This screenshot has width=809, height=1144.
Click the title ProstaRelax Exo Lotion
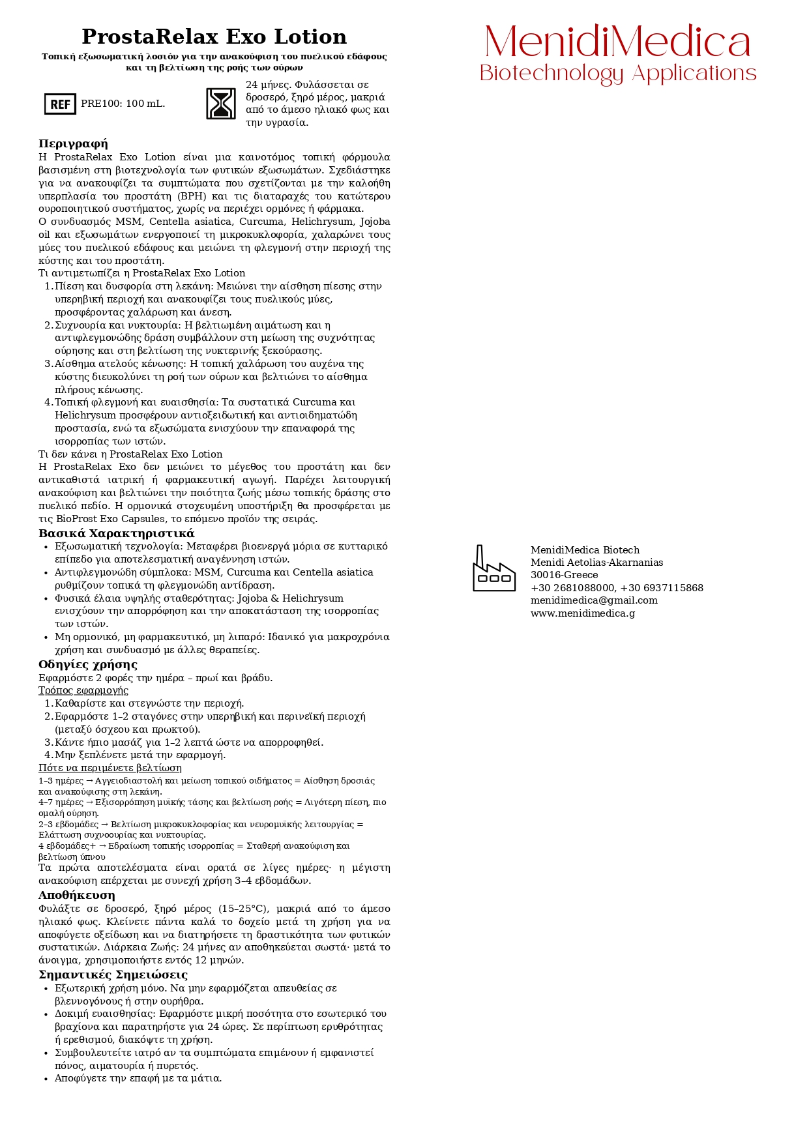point(214,37)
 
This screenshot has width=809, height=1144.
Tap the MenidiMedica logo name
point(617,42)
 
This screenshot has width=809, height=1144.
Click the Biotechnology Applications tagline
point(617,73)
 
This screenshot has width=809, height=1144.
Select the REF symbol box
point(60,104)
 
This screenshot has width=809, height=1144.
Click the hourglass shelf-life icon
point(221,104)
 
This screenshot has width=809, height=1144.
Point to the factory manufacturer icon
point(493,568)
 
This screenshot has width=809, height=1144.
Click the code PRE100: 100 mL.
point(123,104)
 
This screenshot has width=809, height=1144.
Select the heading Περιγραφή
point(73,143)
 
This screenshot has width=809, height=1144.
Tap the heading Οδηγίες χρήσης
point(87,664)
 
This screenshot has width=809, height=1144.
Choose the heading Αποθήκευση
point(76,895)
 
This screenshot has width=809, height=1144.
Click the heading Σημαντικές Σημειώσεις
point(113,975)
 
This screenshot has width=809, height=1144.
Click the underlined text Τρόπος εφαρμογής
point(83,690)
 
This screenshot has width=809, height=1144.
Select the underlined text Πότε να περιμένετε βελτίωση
point(110,768)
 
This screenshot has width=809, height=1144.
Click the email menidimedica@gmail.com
point(594,600)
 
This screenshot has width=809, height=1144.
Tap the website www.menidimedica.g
point(583,613)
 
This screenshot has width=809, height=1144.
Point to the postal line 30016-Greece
point(564,575)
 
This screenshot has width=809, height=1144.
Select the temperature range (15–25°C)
point(236,909)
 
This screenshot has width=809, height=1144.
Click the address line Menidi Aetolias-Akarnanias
point(596,563)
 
